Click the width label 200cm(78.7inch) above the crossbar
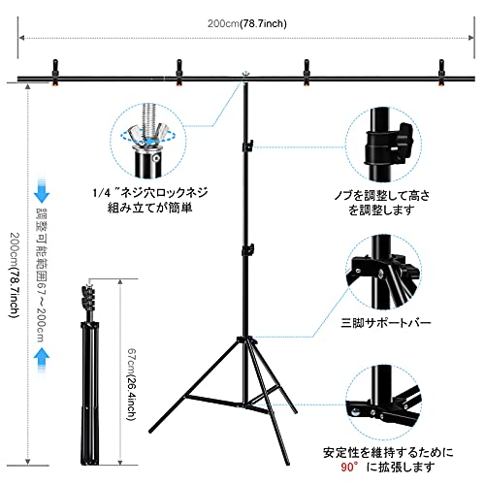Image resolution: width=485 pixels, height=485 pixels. click(247, 23)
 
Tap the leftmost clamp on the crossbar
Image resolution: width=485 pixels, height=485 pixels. click(55, 73)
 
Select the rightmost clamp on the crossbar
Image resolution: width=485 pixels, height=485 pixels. click(441, 73)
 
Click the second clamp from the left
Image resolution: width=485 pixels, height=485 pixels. click(178, 73)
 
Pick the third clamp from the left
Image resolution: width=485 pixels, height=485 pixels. click(307, 73)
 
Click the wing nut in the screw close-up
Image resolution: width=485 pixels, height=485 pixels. click(148, 136)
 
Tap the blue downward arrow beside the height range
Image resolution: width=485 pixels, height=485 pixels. click(42, 191)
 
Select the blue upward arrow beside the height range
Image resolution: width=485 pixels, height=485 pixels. click(42, 360)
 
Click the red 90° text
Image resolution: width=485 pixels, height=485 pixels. click(349, 468)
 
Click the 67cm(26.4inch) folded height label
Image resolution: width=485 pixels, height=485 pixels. click(131, 384)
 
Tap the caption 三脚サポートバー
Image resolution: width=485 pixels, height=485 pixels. click(386, 323)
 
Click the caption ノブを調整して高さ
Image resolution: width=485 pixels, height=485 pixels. click(382, 196)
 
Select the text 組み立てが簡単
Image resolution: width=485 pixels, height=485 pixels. click(149, 208)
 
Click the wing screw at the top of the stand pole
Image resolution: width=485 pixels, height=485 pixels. click(245, 75)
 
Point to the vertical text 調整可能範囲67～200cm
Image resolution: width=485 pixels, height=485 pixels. click(42, 275)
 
